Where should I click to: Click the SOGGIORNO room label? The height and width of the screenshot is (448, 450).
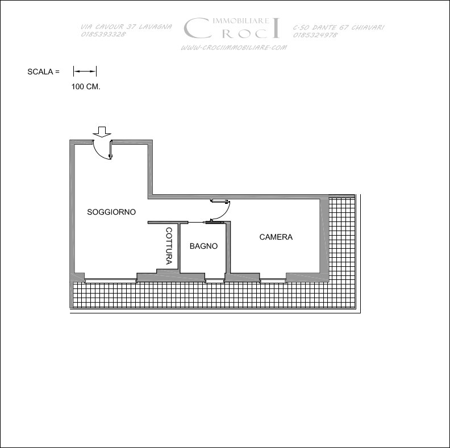[111, 212]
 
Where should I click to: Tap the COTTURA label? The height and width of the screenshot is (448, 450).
[169, 246]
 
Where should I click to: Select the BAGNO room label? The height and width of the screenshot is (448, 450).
[203, 246]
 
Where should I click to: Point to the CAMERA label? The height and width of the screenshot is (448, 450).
[276, 237]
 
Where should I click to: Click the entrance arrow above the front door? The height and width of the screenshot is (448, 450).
[102, 132]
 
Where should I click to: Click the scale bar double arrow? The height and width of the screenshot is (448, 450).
[85, 71]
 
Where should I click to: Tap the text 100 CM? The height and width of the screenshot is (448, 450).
[86, 87]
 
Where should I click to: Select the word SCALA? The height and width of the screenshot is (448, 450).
[40, 72]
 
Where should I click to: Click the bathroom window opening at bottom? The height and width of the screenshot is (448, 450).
[215, 279]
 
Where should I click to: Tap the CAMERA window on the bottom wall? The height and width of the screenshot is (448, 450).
[273, 279]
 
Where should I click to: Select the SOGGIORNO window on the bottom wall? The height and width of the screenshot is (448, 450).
[110, 279]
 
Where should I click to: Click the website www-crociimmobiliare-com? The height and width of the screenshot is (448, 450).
[234, 48]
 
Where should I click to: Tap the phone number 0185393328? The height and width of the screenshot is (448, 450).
[103, 34]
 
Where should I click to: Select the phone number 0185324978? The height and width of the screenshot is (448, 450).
[315, 35]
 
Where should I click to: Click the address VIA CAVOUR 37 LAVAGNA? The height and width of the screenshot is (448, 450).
[126, 27]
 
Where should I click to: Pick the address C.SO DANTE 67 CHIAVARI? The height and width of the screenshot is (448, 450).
[339, 27]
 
